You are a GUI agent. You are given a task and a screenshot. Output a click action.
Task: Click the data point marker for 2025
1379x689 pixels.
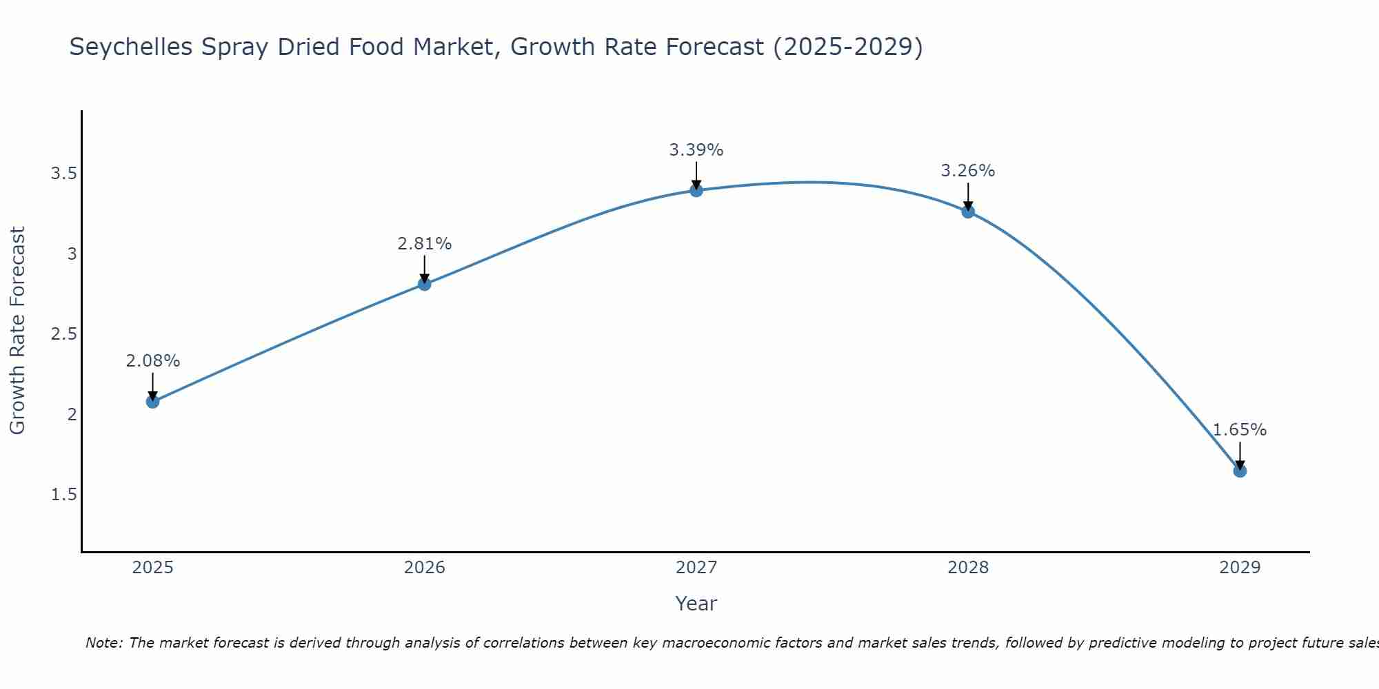[x=153, y=402]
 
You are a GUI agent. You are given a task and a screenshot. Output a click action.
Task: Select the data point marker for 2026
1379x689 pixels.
[x=425, y=284]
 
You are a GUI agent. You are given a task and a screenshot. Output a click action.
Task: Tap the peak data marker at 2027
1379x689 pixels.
[x=696, y=190]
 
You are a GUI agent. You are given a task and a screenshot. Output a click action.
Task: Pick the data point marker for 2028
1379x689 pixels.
[x=968, y=212]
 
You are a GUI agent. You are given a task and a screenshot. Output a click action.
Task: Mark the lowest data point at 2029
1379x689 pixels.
[x=1240, y=471]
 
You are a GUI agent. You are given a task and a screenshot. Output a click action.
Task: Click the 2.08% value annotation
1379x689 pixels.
[x=153, y=361]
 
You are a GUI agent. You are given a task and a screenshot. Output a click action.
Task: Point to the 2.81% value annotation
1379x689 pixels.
[x=425, y=244]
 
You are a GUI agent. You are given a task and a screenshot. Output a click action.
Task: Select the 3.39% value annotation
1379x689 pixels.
[x=696, y=150]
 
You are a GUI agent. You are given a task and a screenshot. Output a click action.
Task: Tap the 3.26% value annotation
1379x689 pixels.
[x=968, y=171]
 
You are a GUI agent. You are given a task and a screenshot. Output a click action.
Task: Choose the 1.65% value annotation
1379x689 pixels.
[x=1240, y=430]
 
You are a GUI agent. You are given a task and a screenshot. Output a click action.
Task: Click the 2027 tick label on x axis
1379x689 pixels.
[x=696, y=568]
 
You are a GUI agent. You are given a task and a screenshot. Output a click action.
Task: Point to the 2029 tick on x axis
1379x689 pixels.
[x=1240, y=568]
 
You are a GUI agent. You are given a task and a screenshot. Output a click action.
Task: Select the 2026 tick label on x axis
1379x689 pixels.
[x=425, y=568]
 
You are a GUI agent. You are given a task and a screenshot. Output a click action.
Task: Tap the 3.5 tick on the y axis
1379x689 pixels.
[x=63, y=174]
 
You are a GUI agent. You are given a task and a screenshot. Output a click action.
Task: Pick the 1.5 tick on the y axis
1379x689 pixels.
[x=63, y=495]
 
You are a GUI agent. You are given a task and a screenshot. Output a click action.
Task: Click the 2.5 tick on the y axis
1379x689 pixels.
[x=63, y=335]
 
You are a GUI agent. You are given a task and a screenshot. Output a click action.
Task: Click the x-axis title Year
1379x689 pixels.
[x=696, y=604]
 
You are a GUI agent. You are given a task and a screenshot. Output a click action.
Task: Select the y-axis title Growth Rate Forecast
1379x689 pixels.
[x=17, y=331]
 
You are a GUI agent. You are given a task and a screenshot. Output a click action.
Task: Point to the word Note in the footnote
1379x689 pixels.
[x=103, y=643]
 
